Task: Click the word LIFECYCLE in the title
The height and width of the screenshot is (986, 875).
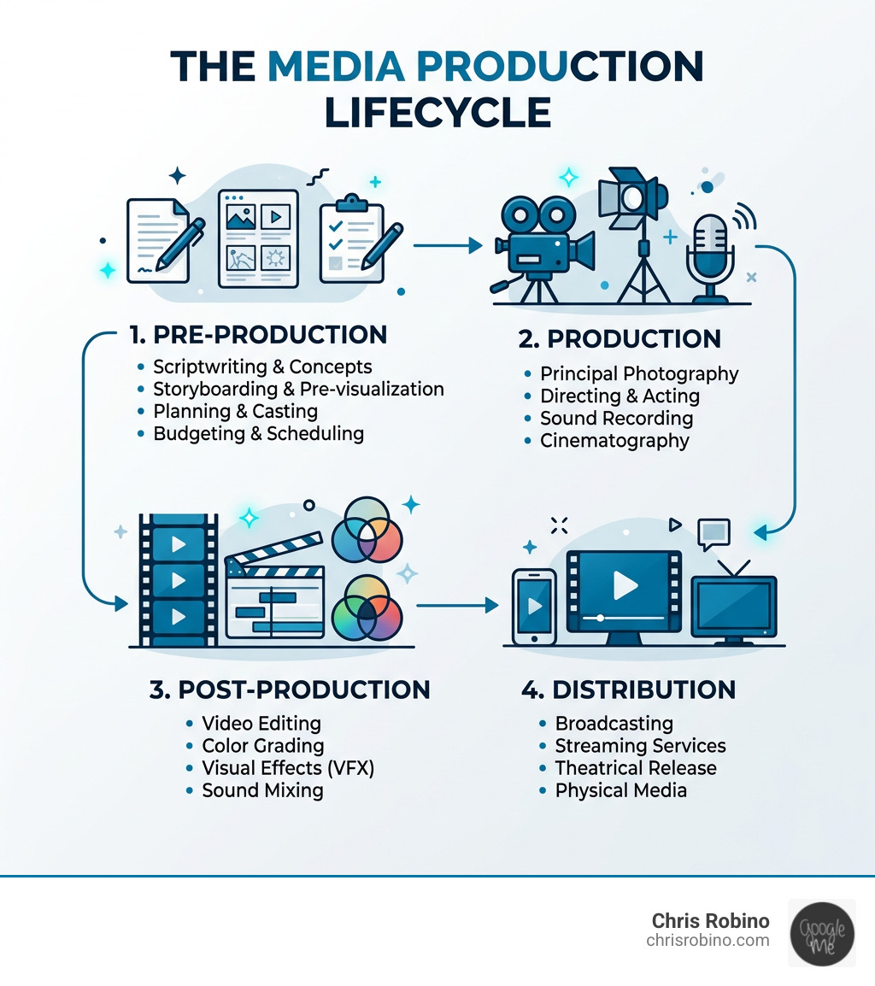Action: click(x=437, y=113)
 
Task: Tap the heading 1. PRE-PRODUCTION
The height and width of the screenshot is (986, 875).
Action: click(x=258, y=334)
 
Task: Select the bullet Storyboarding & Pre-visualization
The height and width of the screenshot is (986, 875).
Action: click(x=298, y=390)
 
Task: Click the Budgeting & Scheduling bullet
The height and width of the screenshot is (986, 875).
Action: click(x=258, y=434)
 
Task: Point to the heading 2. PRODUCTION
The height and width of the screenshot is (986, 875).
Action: click(x=620, y=338)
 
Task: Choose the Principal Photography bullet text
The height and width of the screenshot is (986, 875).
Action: click(x=639, y=374)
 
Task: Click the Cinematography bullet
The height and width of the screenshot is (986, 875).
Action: click(x=614, y=441)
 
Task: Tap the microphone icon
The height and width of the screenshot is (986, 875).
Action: click(x=709, y=253)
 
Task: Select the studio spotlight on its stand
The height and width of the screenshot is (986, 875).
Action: click(x=633, y=231)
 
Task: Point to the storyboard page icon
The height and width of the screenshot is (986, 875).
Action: click(x=257, y=238)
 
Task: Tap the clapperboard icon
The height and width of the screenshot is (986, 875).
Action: click(x=275, y=595)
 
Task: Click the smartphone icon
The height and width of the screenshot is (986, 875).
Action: click(x=533, y=607)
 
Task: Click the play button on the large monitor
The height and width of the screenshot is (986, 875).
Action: click(x=625, y=585)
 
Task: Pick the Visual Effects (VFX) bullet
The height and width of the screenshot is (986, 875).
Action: click(x=288, y=768)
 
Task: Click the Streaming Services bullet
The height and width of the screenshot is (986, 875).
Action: click(x=640, y=746)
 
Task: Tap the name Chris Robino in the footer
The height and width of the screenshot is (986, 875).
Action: click(x=710, y=921)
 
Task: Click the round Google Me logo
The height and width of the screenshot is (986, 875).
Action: click(x=821, y=932)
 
